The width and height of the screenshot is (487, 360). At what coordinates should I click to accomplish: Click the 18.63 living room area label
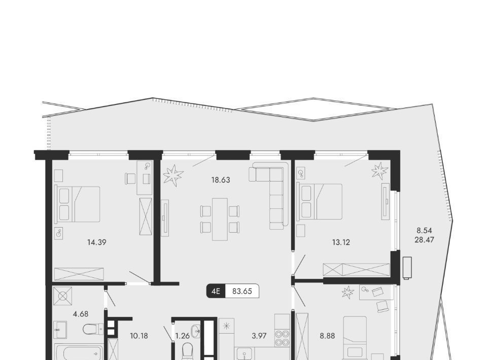pyautogui.click(x=221, y=179)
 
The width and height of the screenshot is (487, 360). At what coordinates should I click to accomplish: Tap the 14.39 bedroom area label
pyautogui.click(x=97, y=242)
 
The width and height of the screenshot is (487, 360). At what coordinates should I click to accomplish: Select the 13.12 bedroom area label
pyautogui.click(x=341, y=242)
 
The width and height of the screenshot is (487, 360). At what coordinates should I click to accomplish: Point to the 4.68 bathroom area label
pyautogui.click(x=81, y=314)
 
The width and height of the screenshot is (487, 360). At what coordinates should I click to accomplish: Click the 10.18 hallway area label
pyautogui.click(x=139, y=336)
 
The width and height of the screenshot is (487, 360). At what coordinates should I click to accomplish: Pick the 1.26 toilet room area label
pyautogui.click(x=182, y=336)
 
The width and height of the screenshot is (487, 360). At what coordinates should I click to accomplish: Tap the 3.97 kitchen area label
pyautogui.click(x=259, y=336)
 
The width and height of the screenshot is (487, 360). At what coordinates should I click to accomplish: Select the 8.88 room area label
pyautogui.click(x=327, y=336)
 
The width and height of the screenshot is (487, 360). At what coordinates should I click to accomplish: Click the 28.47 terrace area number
pyautogui.click(x=424, y=240)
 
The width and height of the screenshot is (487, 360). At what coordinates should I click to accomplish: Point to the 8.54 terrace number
pyautogui.click(x=424, y=231)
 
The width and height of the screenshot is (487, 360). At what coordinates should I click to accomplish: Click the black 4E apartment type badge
pyautogui.click(x=216, y=291)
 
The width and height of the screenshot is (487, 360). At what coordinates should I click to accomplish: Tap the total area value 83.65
pyautogui.click(x=242, y=291)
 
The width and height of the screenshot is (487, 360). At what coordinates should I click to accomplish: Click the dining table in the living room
pyautogui.click(x=220, y=219)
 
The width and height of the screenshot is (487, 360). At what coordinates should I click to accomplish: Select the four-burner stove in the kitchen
pyautogui.click(x=282, y=338)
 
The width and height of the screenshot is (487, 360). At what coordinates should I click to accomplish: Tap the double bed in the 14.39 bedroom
pyautogui.click(x=77, y=204)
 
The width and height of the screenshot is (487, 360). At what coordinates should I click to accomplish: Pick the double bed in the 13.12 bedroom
pyautogui.click(x=319, y=202)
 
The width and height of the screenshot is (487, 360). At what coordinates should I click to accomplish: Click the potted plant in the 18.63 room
pyautogui.click(x=173, y=175)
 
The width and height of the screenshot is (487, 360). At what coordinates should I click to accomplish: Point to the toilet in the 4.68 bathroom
pyautogui.click(x=93, y=329)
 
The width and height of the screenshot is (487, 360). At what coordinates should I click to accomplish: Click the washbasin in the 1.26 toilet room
pyautogui.click(x=196, y=331)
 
